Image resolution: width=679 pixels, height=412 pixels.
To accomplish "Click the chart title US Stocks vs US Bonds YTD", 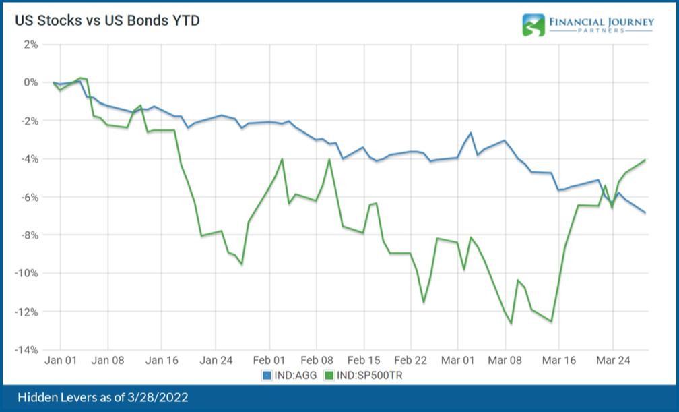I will [x=108, y=21].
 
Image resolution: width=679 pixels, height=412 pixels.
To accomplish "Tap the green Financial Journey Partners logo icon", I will [x=533, y=24].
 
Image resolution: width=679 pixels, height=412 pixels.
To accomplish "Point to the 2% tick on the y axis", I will [x=31, y=45].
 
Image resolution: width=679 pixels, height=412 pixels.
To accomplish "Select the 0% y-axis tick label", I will [x=31, y=82].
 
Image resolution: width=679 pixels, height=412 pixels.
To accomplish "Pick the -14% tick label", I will [x=27, y=350].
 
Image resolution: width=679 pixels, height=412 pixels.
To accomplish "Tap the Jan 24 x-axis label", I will [x=217, y=361].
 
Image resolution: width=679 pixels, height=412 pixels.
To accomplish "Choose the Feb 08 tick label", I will [x=321, y=361].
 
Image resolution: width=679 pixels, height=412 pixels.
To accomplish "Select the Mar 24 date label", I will [x=613, y=361].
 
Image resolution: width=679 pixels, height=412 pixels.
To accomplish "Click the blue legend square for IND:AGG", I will [x=265, y=374].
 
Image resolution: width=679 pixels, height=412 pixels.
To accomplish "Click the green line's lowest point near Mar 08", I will [x=511, y=323].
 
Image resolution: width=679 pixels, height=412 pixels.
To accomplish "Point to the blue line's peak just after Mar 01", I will [x=471, y=133].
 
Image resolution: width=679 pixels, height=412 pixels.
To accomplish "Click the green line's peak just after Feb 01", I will [x=282, y=159].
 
